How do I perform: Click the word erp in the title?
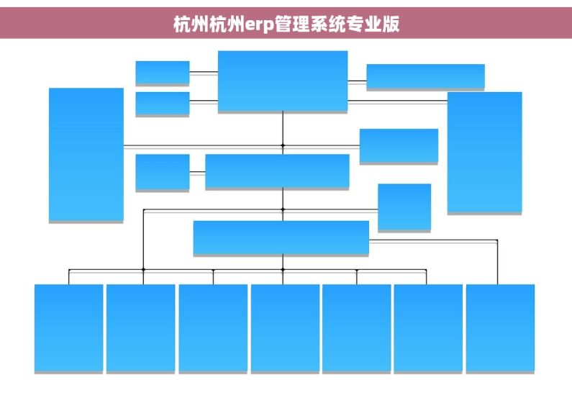(x=259, y=24)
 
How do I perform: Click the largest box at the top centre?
(x=283, y=81)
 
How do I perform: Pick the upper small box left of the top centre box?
(x=163, y=73)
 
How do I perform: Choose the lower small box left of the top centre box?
(x=163, y=104)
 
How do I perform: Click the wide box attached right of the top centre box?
(x=425, y=76)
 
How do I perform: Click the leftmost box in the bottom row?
(x=68, y=328)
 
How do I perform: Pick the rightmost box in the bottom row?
(x=500, y=328)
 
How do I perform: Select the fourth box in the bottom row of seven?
(x=285, y=328)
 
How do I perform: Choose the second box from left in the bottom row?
(x=140, y=328)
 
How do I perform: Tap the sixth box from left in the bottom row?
(x=428, y=328)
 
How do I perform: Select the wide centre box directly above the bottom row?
(x=281, y=237)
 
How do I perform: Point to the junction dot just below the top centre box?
(x=283, y=145)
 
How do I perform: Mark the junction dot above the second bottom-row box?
(x=143, y=270)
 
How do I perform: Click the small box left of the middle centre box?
(x=163, y=172)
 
